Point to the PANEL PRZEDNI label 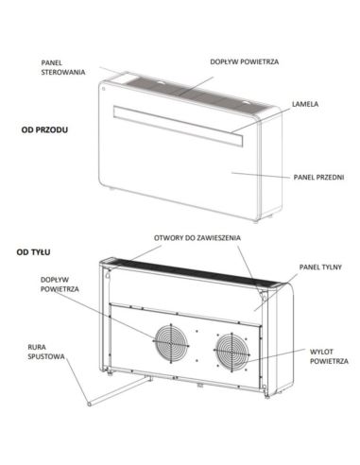318,176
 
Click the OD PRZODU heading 44,129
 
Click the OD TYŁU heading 34,252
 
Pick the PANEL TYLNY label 318,267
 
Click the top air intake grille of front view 189,91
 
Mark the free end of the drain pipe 89,403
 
